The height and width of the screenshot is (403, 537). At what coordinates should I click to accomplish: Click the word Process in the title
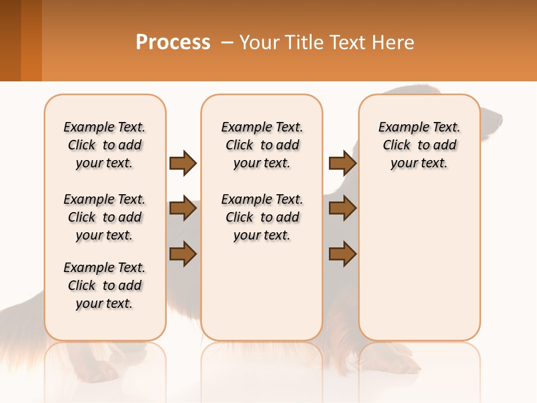173,43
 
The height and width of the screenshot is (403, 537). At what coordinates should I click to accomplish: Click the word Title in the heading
303,43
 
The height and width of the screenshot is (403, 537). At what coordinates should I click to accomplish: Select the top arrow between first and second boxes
183,163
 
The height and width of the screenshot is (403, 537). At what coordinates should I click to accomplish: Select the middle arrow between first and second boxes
183,208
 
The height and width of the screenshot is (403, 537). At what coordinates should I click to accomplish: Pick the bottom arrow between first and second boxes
183,254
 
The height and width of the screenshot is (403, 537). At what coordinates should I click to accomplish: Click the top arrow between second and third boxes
342,163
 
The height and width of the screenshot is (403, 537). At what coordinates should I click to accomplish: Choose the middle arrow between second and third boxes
342,208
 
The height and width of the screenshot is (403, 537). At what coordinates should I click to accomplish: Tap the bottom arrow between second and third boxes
342,254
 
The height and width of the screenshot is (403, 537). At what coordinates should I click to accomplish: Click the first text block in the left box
105,145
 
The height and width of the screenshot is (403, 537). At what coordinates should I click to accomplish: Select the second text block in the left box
105,217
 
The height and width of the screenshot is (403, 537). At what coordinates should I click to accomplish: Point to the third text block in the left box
105,285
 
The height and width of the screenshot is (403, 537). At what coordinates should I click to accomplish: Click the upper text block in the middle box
262,145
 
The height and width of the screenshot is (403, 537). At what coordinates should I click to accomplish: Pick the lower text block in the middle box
262,217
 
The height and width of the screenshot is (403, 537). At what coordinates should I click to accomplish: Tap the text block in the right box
419,145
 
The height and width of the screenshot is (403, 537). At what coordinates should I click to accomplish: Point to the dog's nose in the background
500,119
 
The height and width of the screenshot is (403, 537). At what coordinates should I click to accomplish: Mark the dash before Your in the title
228,43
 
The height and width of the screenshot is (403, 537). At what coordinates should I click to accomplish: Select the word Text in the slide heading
347,43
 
